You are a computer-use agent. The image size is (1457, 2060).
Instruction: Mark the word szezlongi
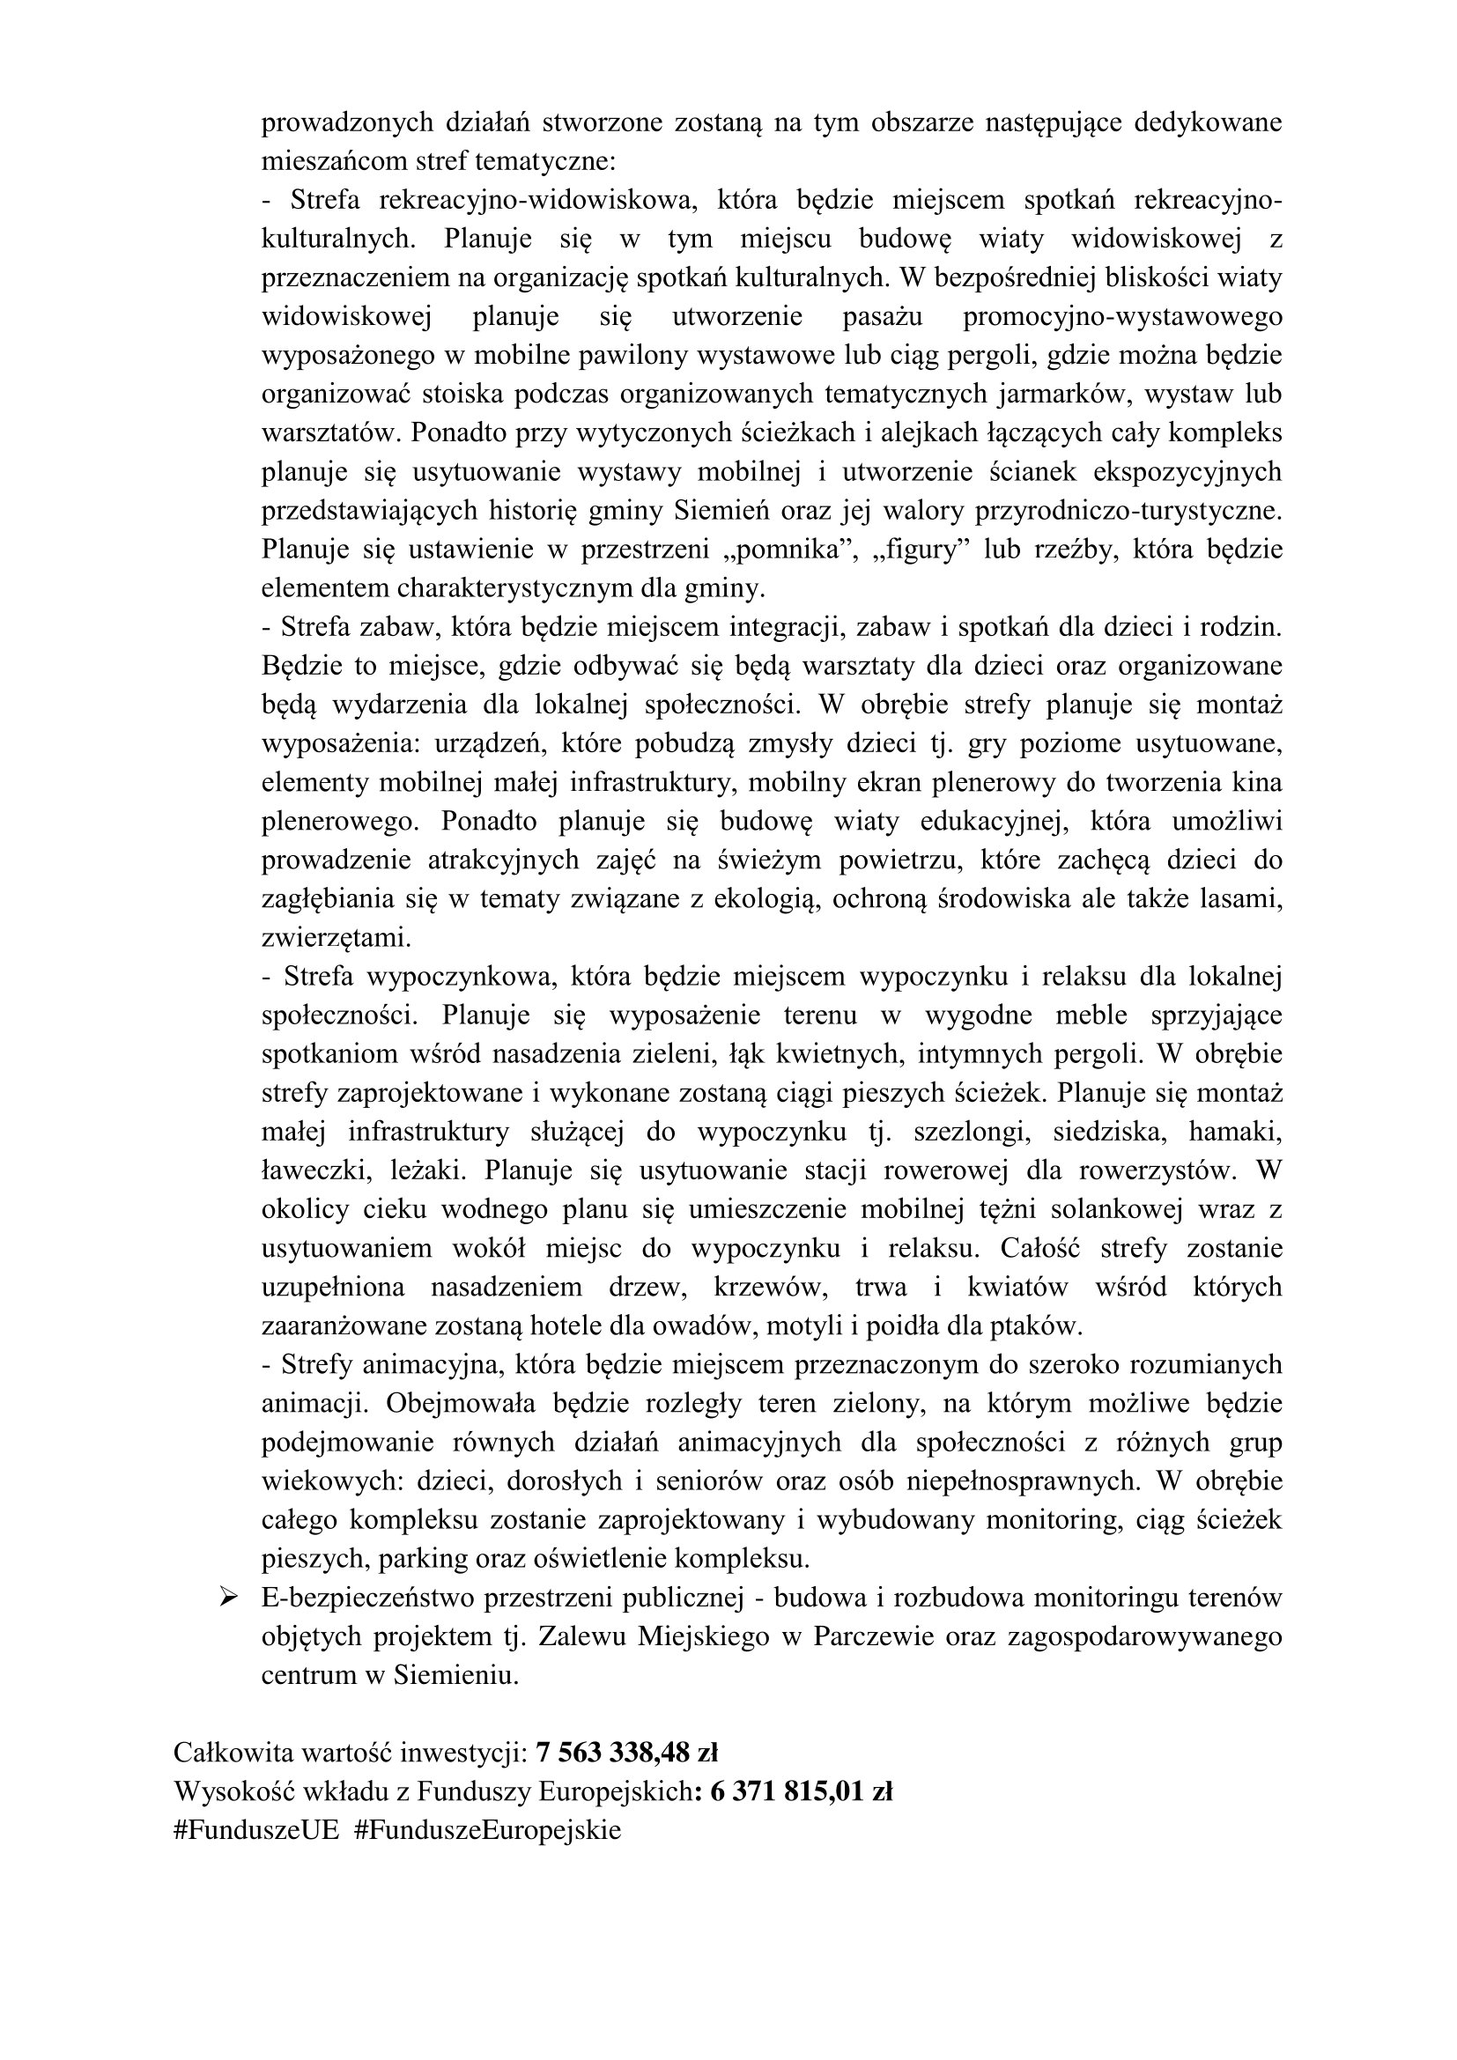(x=968, y=1132)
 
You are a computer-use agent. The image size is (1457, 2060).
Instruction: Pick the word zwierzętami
(x=336, y=938)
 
